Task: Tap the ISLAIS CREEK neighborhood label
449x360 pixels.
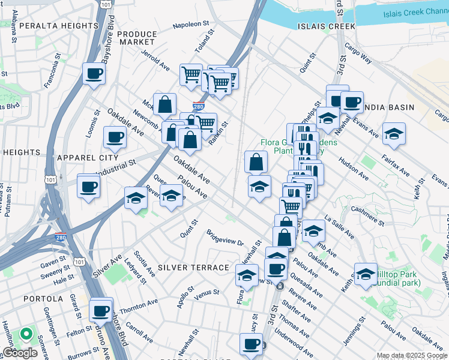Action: pyautogui.click(x=325, y=26)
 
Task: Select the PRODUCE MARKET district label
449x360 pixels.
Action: pyautogui.click(x=136, y=38)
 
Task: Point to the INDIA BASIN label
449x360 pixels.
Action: pyautogui.click(x=389, y=107)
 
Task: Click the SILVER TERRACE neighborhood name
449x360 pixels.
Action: pyautogui.click(x=193, y=268)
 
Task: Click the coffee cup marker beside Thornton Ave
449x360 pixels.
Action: pyautogui.click(x=100, y=311)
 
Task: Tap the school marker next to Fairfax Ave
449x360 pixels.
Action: pyautogui.click(x=394, y=134)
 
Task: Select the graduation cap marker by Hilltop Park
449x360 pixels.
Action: pyautogui.click(x=366, y=274)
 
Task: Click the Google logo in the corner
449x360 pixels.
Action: pyautogui.click(x=19, y=353)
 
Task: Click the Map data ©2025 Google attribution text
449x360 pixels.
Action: pyautogui.click(x=412, y=355)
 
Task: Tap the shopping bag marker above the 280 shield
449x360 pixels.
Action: pyautogui.click(x=164, y=104)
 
